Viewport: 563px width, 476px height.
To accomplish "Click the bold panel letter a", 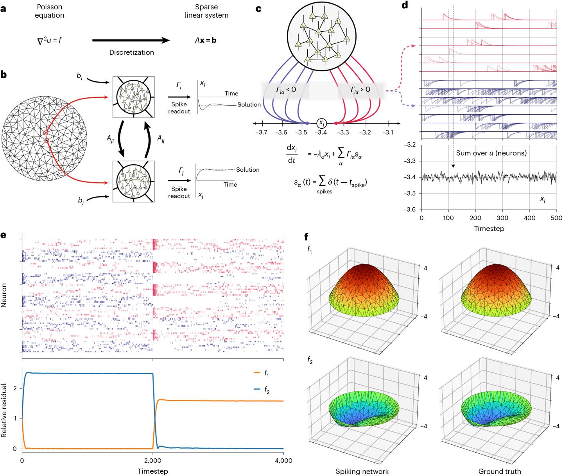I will [x=4, y=9].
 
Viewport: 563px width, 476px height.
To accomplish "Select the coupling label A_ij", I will [x=160, y=138].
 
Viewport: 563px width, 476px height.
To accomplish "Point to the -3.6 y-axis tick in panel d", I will [x=411, y=210].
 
